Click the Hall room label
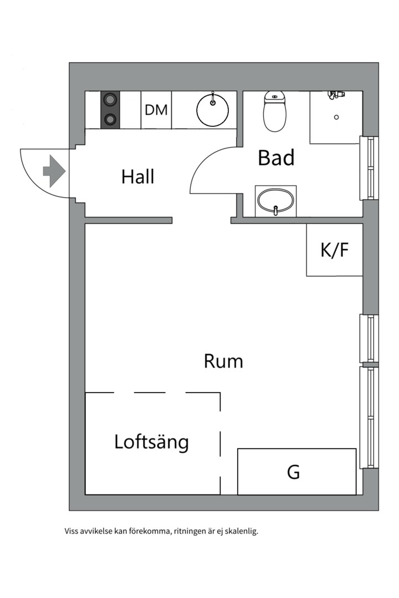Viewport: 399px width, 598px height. (137, 177)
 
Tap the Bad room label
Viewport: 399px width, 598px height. (276, 158)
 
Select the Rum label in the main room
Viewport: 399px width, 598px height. (223, 362)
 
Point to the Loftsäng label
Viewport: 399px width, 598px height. (152, 442)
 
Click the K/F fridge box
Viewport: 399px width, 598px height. (335, 250)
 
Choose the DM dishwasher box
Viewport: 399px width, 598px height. (156, 110)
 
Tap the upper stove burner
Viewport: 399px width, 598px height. (110, 100)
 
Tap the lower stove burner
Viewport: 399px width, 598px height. (110, 118)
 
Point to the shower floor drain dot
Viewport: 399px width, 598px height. (336, 117)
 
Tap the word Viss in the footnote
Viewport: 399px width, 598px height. (72, 532)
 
